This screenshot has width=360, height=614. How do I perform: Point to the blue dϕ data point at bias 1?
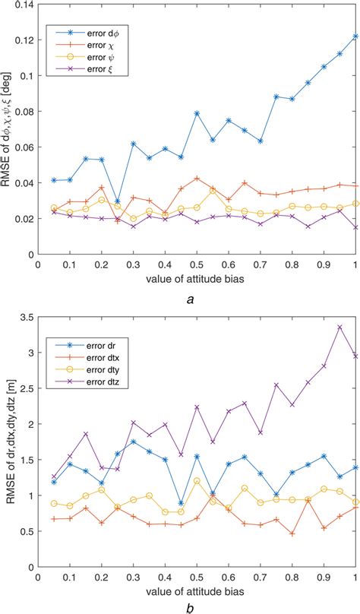(355, 36)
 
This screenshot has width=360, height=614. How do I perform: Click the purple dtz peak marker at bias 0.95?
(339, 327)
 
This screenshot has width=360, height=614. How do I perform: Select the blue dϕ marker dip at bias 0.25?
(117, 201)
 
